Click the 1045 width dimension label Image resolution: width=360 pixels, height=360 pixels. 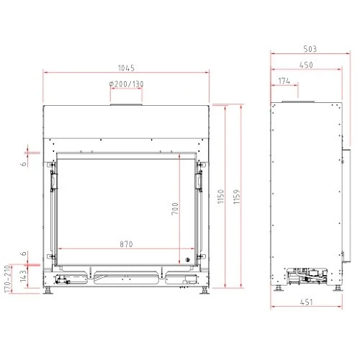[x=126, y=68]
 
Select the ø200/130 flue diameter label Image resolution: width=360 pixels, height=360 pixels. [x=127, y=84]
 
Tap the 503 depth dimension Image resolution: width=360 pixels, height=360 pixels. [x=310, y=49]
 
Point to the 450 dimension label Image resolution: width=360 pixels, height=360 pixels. [x=306, y=65]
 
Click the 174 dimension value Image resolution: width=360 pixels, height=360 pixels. [x=284, y=81]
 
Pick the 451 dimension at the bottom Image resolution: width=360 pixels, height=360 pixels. [x=307, y=302]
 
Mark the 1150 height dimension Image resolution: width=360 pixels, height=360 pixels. [x=220, y=197]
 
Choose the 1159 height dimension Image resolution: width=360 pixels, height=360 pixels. [x=237, y=197]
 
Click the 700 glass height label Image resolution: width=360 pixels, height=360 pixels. [x=175, y=208]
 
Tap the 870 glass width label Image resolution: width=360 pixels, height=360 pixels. [x=126, y=244]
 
